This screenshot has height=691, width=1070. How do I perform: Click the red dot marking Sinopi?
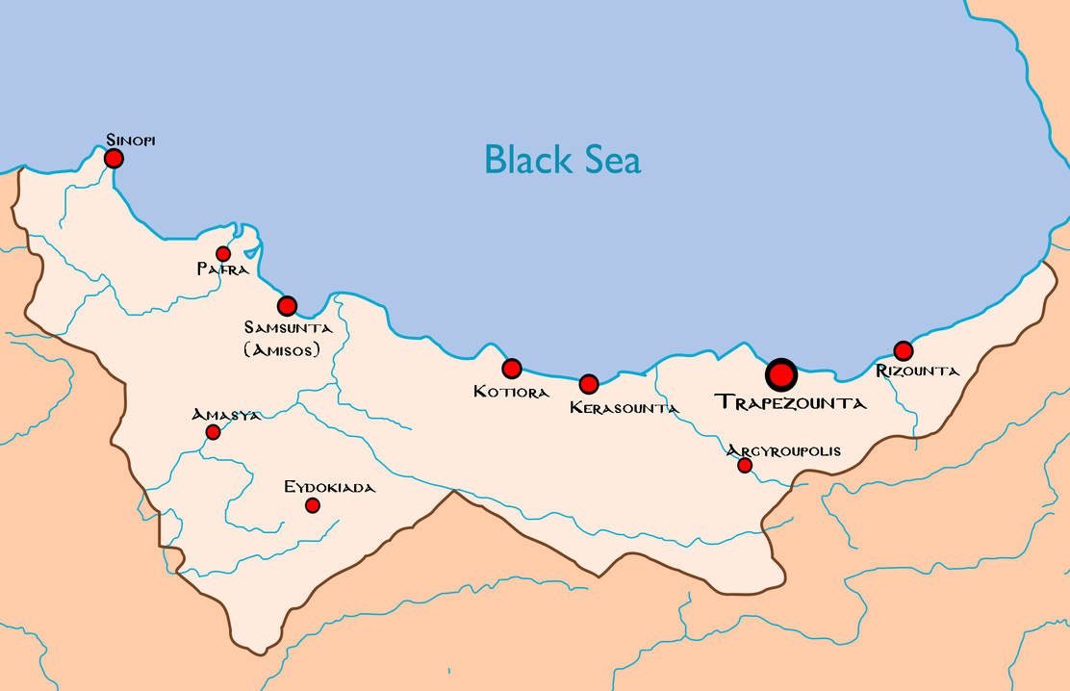tap(114, 158)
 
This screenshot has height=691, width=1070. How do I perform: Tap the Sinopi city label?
tap(131, 141)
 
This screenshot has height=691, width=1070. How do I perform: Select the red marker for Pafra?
tap(223, 254)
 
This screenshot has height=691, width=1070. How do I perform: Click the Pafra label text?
tap(223, 270)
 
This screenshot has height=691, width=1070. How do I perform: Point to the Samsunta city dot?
tap(287, 306)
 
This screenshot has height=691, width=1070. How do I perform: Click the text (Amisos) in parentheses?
tap(282, 350)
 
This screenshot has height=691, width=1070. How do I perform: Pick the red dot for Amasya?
tap(213, 432)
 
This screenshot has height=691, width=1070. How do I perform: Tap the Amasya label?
tap(226, 415)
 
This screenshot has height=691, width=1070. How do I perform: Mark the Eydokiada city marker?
tap(312, 505)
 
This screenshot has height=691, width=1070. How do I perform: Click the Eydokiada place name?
tap(329, 488)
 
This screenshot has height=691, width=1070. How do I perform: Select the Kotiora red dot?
tap(512, 369)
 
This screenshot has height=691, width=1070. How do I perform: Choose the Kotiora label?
tap(511, 393)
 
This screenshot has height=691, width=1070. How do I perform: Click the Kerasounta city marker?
tap(589, 384)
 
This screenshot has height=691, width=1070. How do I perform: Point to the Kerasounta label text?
tap(624, 408)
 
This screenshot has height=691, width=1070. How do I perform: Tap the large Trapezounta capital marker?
tap(781, 374)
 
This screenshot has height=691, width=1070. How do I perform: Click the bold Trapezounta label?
tap(790, 403)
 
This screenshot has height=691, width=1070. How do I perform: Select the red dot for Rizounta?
tap(903, 351)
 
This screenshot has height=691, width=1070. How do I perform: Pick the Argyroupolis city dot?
tap(745, 466)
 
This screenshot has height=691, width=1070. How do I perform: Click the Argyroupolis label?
tap(783, 450)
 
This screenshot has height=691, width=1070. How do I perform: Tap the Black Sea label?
tap(562, 160)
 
